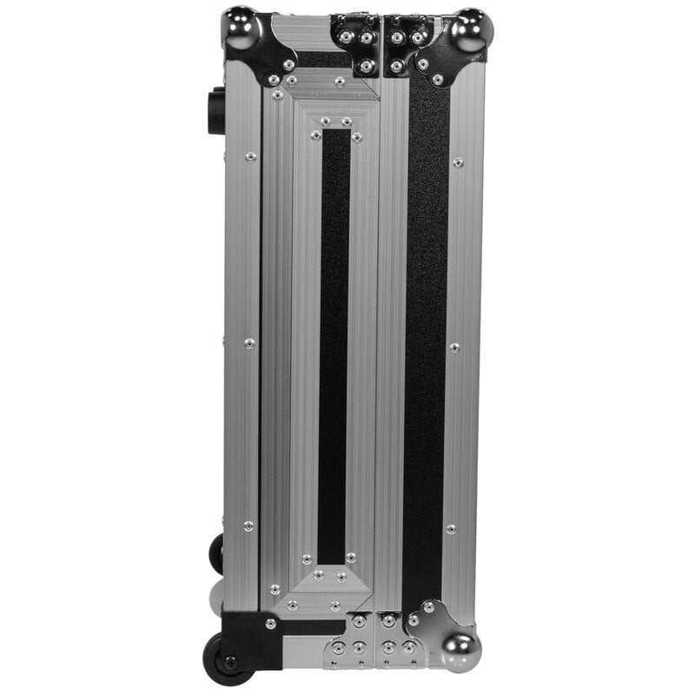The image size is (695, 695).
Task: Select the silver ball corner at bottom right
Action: coord(458,649)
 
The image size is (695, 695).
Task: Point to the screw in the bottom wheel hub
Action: coord(229,663)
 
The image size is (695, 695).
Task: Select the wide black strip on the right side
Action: coord(426,339)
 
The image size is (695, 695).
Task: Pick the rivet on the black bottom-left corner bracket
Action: coord(270,624)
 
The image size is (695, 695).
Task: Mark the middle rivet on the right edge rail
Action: coord(453,347)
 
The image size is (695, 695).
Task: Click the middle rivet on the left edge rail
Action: coord(249,343)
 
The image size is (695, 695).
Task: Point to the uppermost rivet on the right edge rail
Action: coord(458,162)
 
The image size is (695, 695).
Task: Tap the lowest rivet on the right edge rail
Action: coord(450,528)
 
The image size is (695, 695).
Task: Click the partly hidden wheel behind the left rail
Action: coord(215,553)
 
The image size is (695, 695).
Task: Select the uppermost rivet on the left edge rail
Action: coord(250,157)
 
